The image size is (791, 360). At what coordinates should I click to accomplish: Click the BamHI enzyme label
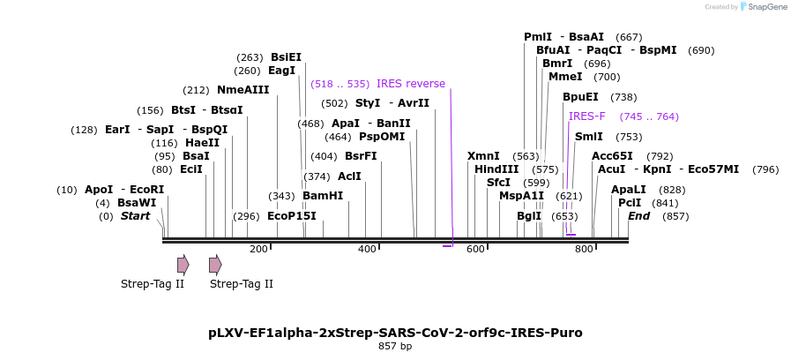point(322,196)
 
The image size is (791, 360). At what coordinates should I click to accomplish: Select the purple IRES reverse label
point(411,84)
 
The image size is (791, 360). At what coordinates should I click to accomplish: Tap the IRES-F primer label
point(587,116)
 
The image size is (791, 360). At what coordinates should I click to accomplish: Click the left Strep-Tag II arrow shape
point(183,264)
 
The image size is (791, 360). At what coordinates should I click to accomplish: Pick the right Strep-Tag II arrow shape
point(214,264)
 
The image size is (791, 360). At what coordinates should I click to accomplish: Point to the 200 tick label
point(258,250)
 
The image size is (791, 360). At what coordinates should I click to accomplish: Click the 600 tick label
point(475,250)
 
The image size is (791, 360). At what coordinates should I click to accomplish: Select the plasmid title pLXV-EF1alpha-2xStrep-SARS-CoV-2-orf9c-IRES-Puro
point(395,333)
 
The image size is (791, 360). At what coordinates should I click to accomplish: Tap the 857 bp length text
point(395,347)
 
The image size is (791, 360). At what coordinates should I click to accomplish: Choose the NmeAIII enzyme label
point(243,90)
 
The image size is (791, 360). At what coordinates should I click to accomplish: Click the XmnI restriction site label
point(483,156)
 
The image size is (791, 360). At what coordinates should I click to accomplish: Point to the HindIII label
point(496,169)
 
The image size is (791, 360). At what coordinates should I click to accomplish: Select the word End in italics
point(638,216)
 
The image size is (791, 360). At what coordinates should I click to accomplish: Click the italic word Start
point(135,216)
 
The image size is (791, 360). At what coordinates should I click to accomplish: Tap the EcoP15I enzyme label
point(291,216)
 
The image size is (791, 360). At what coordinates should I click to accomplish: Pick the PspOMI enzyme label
point(382,137)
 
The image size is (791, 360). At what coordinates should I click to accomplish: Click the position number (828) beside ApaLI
point(672,190)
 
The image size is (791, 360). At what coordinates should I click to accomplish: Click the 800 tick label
point(584,250)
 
